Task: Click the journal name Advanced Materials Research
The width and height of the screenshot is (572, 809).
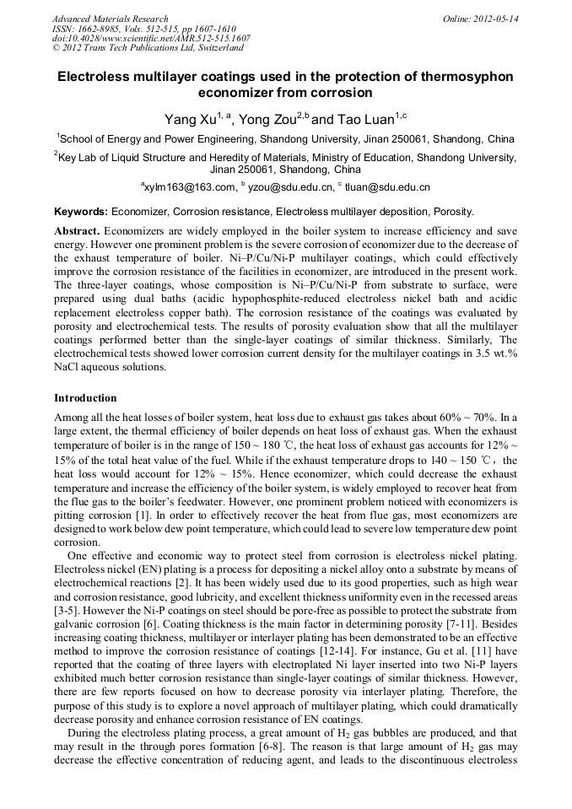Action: pos(110,19)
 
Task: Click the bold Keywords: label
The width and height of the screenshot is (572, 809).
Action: pos(81,212)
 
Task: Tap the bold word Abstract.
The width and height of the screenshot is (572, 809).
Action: pos(77,230)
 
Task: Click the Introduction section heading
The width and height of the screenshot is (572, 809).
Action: pos(86,397)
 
